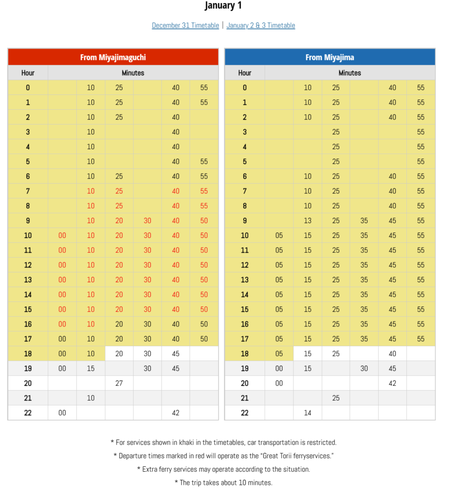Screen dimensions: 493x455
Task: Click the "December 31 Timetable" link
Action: pos(185,26)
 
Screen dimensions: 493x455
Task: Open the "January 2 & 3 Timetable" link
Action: pos(261,26)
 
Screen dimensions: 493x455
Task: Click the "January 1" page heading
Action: pos(223,6)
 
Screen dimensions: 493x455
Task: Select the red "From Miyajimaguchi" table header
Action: pos(113,57)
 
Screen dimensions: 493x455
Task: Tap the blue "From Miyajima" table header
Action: pos(330,57)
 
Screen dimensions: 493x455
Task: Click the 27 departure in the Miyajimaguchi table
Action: pos(119,383)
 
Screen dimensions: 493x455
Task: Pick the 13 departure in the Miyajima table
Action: pos(308,221)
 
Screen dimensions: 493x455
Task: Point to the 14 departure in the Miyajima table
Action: pos(308,413)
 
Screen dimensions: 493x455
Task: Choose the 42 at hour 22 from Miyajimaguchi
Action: pos(175,413)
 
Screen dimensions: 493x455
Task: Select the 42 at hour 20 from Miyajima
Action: pos(392,383)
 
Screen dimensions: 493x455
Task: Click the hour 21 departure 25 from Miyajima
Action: pos(336,398)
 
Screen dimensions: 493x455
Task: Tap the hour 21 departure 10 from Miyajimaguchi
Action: pos(91,398)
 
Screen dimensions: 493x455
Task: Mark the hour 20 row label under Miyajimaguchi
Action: pos(28,383)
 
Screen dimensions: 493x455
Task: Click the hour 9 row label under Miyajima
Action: pos(245,221)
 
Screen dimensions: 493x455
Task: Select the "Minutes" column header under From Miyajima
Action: pos(350,73)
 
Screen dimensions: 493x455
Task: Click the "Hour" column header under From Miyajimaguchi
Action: pos(28,73)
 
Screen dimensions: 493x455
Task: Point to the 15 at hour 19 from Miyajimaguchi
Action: pos(91,368)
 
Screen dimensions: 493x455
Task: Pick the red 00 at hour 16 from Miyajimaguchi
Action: pos(62,324)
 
